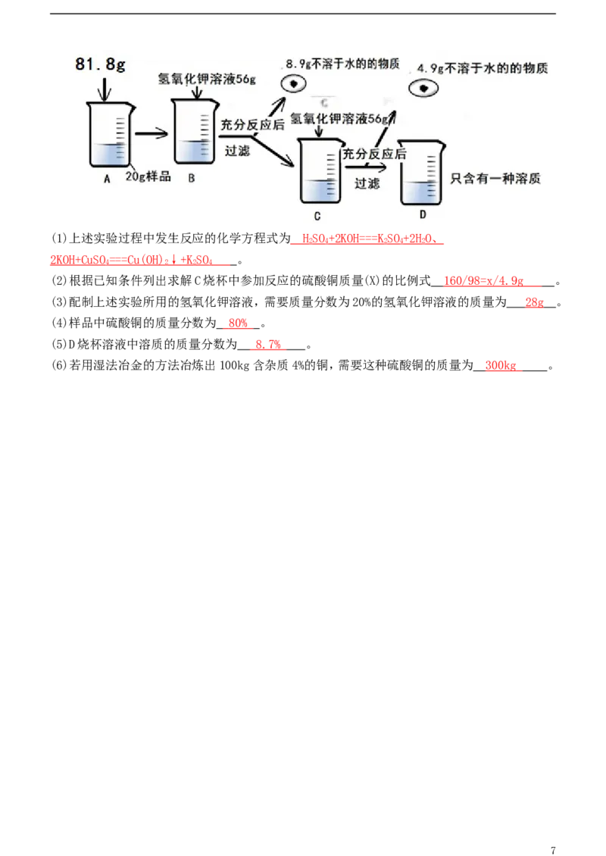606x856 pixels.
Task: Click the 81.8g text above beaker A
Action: (100, 65)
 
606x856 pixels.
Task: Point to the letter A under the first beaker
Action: (107, 179)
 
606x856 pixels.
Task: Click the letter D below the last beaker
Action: (423, 214)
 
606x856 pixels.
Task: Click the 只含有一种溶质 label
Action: (495, 178)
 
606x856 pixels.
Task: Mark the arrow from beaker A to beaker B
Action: (151, 133)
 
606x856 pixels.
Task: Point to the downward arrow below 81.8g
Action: (105, 89)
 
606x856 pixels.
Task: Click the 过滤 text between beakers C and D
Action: (367, 183)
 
